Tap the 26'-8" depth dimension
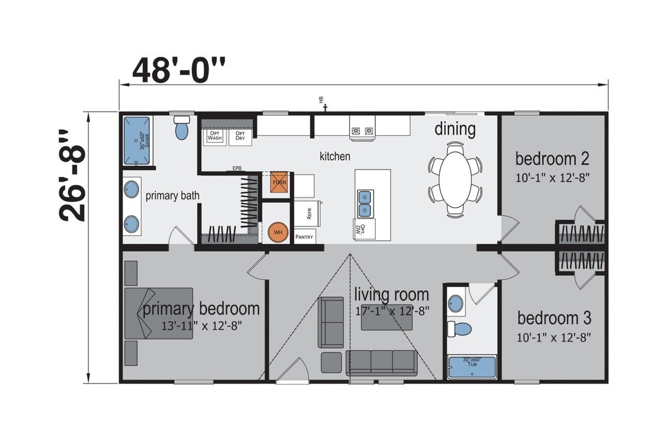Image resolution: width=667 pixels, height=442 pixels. [x=72, y=175]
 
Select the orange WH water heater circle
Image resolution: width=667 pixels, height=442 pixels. [x=278, y=232]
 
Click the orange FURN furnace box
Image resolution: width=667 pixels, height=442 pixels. [x=279, y=182]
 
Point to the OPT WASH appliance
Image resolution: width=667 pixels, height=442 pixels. [x=215, y=135]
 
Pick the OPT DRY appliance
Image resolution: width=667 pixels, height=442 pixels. [x=240, y=135]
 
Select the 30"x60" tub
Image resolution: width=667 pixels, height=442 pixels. [x=471, y=367]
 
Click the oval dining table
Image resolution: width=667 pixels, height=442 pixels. [x=455, y=179]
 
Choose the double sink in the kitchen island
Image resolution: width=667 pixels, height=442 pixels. [x=365, y=203]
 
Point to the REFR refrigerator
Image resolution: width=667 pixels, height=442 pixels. [x=308, y=213]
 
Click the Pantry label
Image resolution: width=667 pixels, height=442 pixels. [x=305, y=237]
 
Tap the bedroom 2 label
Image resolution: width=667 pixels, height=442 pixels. [x=552, y=158]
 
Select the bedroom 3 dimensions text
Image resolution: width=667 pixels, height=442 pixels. [x=553, y=337]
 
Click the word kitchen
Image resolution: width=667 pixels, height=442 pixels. [x=335, y=156]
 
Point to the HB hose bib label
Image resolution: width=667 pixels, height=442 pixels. [x=321, y=100]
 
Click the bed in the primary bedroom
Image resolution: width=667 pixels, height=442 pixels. [x=158, y=313]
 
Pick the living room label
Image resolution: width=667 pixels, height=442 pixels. [x=391, y=295]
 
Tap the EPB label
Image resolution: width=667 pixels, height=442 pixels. [x=237, y=169]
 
